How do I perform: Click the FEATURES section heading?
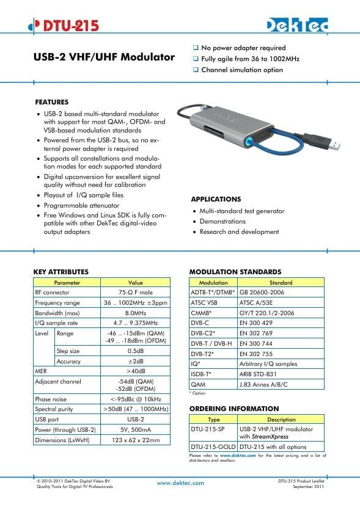click(x=52, y=102)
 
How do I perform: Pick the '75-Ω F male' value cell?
click(x=135, y=293)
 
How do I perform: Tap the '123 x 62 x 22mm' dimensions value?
click(x=135, y=440)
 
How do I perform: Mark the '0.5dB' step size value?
click(x=135, y=351)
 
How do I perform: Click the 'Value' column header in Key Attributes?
click(x=135, y=283)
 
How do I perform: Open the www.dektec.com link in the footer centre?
click(x=181, y=483)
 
